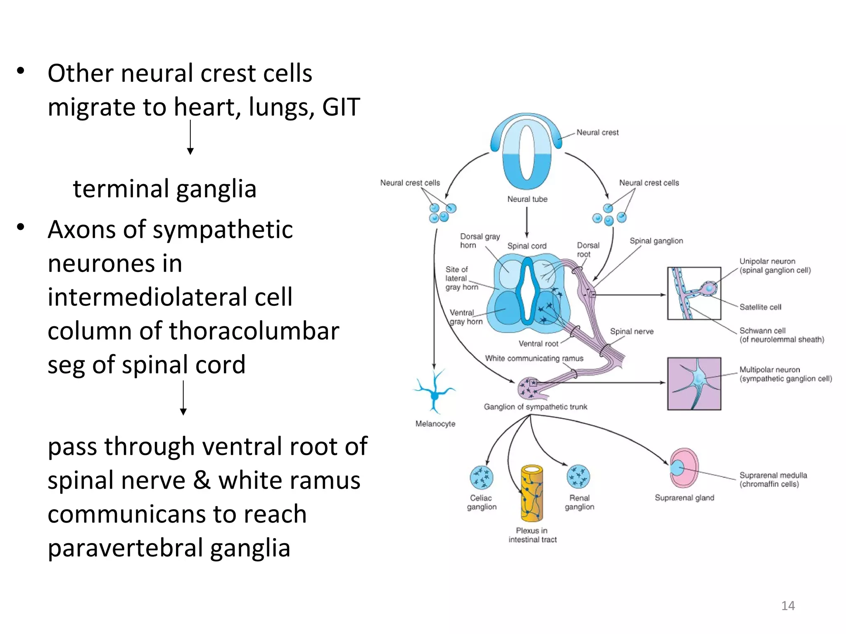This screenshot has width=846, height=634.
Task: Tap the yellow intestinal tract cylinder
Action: point(531,493)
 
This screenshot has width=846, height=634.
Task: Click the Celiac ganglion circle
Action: point(481,477)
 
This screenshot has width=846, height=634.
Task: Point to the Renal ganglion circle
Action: point(578,476)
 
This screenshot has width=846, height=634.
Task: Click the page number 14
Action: point(788,606)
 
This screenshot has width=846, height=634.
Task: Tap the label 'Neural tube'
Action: point(527,199)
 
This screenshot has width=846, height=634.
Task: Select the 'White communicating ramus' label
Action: point(534,358)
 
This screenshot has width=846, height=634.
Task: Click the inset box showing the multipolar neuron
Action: point(694,383)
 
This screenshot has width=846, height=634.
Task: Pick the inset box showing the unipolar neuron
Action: point(694,293)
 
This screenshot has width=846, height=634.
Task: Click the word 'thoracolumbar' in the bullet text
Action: point(254,331)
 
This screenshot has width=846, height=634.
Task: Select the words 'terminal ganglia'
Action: point(164,189)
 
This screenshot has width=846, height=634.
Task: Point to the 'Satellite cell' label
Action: point(760,307)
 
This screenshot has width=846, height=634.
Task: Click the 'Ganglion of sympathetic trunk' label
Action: point(535,407)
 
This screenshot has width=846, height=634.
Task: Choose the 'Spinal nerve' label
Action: point(632,331)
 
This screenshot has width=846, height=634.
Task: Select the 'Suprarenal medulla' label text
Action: point(773,475)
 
